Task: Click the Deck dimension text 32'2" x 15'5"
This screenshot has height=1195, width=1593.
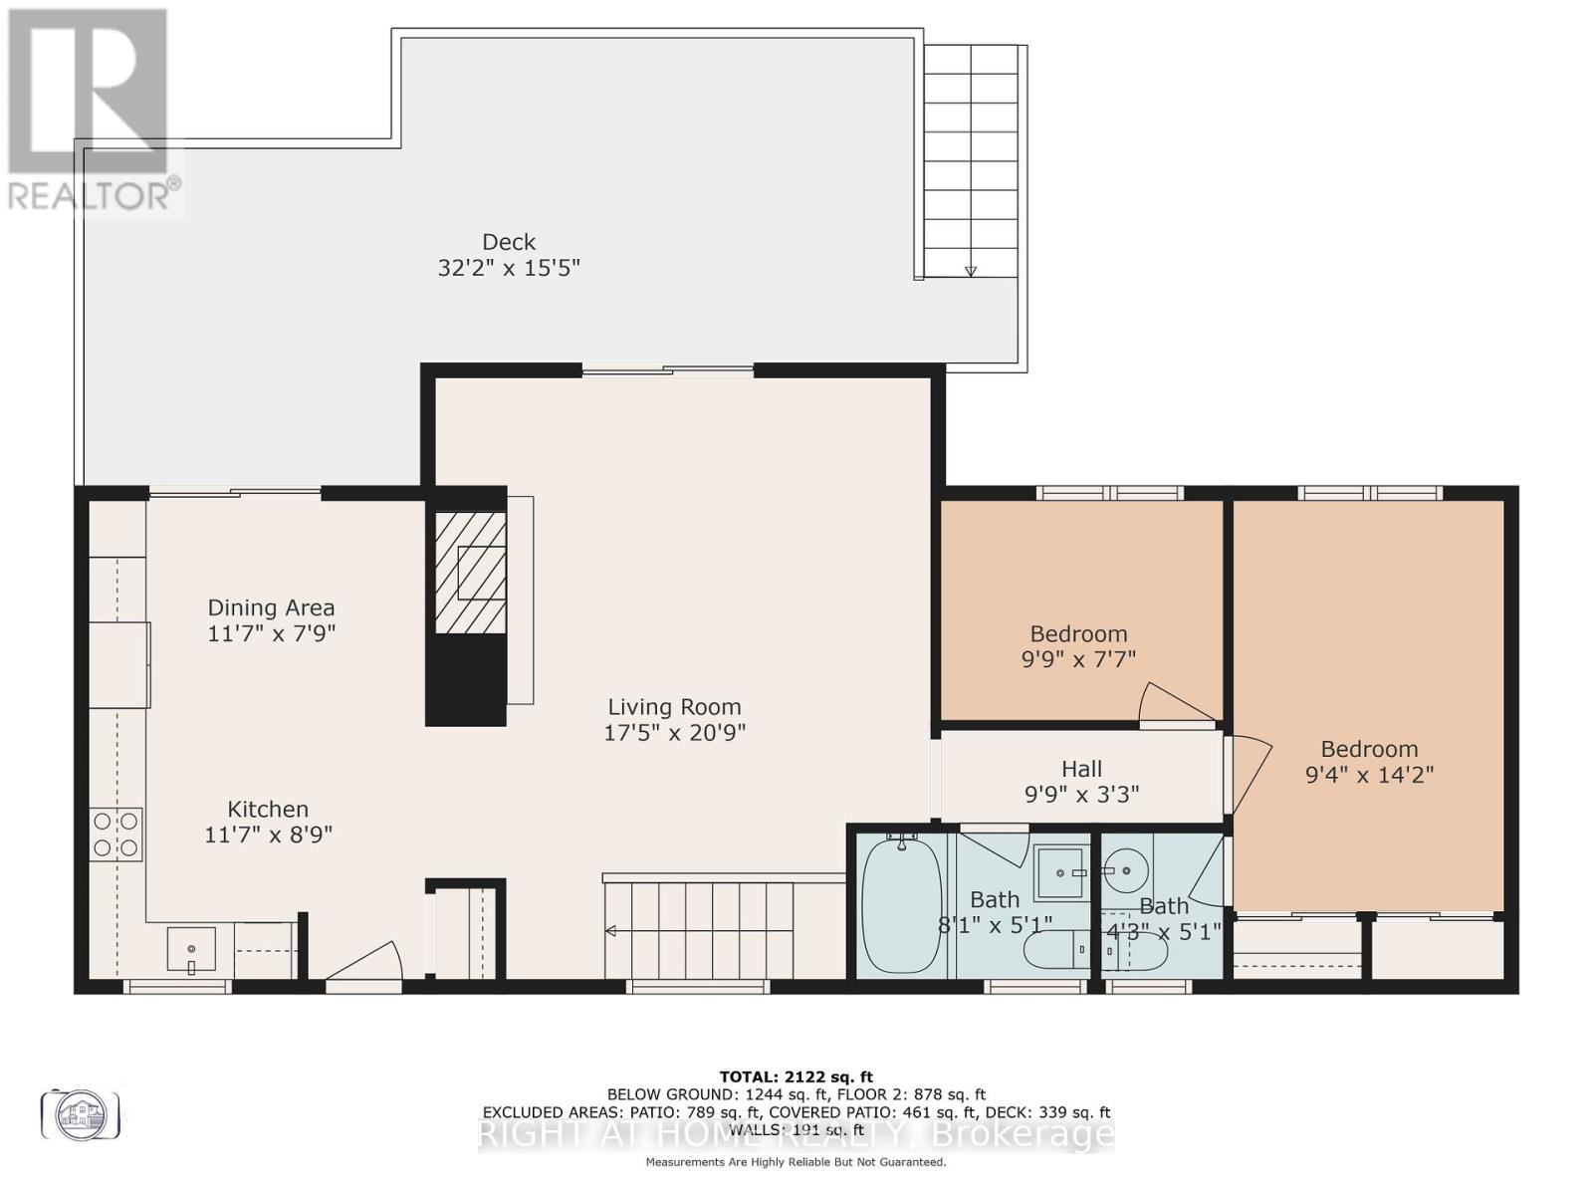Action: [x=509, y=268]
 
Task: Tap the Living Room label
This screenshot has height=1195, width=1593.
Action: [x=675, y=707]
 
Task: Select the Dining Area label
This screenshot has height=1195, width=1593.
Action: [x=271, y=607]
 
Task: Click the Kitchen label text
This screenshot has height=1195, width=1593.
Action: [x=268, y=810]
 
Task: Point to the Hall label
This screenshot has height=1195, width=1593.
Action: [x=1081, y=769]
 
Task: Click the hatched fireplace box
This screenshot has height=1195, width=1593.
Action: [x=471, y=573]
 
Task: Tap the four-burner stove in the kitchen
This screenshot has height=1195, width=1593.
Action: [x=116, y=835]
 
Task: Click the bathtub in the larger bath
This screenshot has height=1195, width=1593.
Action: [x=901, y=906]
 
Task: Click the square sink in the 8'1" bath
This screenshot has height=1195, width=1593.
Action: [x=1061, y=872]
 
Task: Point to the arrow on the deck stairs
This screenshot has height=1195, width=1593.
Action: [x=971, y=271]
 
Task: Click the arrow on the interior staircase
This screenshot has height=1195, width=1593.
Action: [x=610, y=931]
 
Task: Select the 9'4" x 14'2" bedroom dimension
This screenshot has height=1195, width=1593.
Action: [x=1369, y=775]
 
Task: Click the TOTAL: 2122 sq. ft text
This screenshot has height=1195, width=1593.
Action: [x=796, y=1076]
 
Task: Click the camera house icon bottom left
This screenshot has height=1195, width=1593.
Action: [x=81, y=1114]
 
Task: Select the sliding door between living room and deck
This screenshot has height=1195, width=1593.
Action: [x=668, y=371]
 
